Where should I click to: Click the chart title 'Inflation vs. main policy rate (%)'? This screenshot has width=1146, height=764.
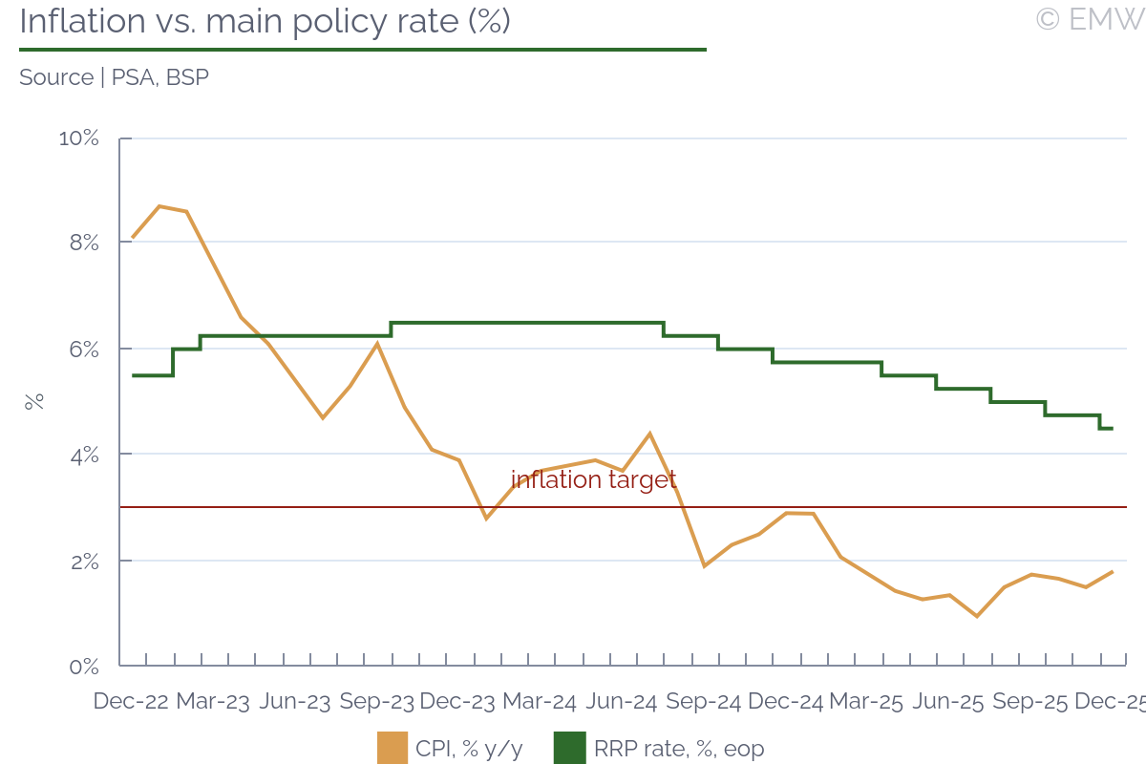265,21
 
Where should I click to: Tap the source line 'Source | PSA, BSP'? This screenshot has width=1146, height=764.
114,77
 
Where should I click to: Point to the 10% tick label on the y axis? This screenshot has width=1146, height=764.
79,138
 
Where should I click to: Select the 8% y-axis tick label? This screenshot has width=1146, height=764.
83,244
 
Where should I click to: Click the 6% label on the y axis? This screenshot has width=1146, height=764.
83,350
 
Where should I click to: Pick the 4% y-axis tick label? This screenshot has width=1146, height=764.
83,455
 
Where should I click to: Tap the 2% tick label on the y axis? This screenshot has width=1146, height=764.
83,561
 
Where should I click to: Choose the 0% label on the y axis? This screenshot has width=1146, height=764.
83,666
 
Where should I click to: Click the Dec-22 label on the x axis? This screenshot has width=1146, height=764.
131,702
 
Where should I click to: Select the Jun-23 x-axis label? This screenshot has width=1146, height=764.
295,702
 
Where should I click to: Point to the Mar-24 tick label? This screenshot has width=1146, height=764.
540,702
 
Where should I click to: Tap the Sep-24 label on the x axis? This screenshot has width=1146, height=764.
704,702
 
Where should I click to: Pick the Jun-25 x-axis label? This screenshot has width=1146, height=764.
948,702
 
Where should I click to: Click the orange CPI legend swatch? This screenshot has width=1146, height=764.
393,749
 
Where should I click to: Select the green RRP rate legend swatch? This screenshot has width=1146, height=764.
569,749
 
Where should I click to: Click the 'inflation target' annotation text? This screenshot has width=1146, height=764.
593,479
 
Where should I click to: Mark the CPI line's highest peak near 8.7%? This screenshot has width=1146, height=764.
159,206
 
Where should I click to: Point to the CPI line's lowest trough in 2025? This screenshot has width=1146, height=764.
977,616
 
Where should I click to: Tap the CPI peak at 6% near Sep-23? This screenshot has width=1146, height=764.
377,343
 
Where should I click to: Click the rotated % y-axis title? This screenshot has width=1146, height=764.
34,402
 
